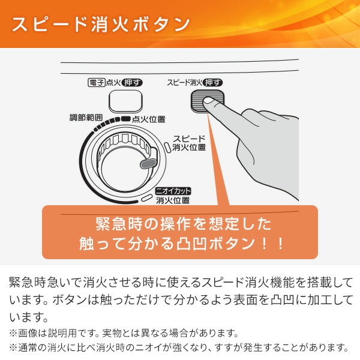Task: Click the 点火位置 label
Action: pos(148,120)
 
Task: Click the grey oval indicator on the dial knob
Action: pos(146,163)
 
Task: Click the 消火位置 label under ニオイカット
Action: pos(173,200)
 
